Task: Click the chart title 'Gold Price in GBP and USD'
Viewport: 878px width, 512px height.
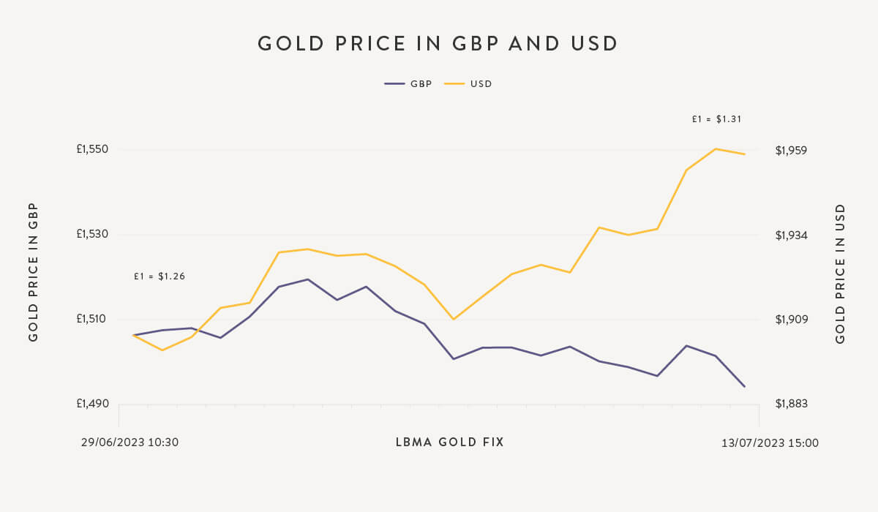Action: [438, 44]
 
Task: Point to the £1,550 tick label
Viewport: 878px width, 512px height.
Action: [92, 149]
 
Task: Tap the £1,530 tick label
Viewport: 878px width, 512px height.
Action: [92, 234]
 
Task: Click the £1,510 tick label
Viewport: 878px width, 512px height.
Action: [92, 319]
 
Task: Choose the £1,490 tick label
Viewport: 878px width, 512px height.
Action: [92, 404]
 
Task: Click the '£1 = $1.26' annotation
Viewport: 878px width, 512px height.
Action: [160, 276]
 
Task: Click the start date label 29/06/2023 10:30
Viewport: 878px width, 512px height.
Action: [130, 443]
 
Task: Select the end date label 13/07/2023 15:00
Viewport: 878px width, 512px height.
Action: [770, 443]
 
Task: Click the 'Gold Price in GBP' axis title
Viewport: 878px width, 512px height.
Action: [33, 272]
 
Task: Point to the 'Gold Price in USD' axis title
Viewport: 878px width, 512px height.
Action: [840, 274]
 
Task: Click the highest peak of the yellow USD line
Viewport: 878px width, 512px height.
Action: [716, 148]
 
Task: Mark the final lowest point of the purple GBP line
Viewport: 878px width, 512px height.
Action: [745, 387]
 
